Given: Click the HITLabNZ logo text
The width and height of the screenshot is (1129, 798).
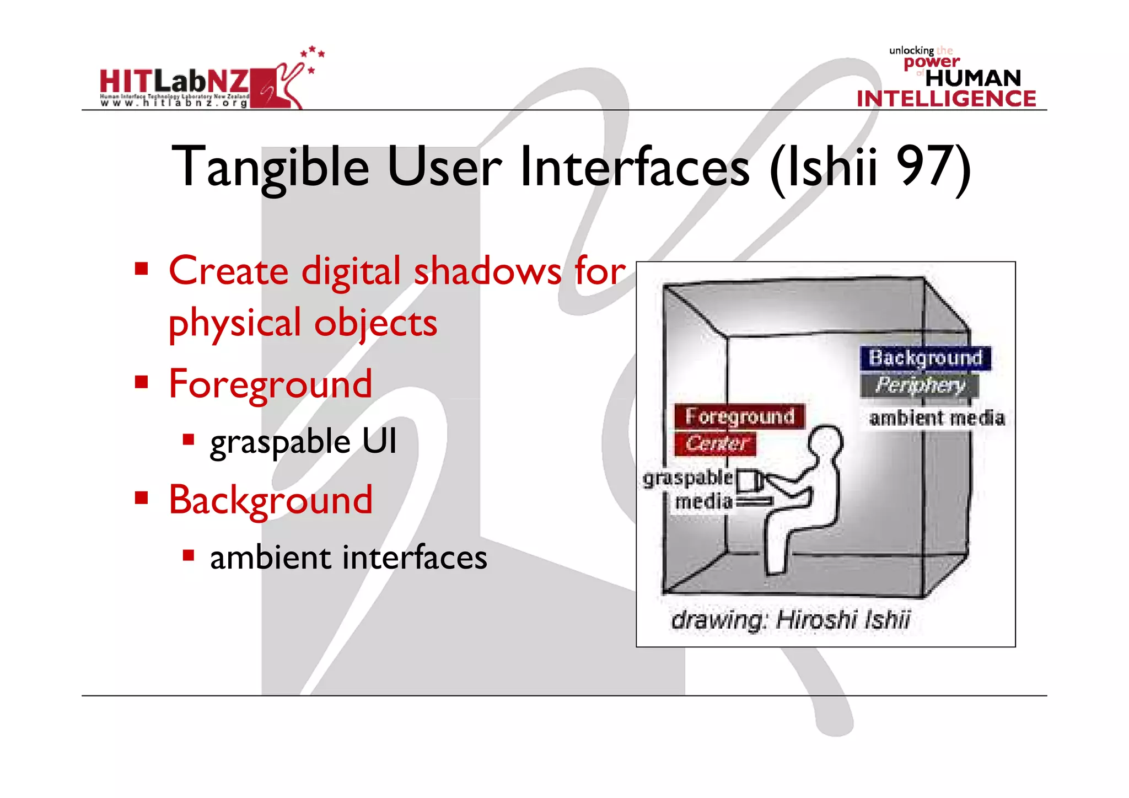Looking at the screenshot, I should (174, 82).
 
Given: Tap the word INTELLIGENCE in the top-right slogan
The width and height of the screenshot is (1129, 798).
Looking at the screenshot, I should (946, 99).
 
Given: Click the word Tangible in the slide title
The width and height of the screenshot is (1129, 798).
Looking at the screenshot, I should (270, 167).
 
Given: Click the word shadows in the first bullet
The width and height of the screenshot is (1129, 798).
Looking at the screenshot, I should (487, 271).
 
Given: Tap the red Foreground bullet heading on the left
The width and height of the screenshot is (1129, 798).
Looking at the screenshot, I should (270, 384).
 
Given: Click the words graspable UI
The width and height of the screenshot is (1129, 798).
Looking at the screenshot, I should (303, 442).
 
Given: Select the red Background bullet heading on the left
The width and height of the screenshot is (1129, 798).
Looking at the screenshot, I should (270, 500).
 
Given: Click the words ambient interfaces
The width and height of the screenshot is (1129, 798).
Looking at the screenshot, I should (348, 558).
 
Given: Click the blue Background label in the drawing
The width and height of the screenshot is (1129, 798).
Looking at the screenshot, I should (925, 358).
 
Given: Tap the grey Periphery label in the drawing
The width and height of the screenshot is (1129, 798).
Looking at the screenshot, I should (920, 385).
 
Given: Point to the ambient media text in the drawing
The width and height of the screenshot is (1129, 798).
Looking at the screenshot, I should (937, 418).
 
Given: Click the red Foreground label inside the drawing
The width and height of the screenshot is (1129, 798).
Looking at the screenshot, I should (739, 416).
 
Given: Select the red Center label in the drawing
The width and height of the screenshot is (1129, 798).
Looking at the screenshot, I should (716, 443).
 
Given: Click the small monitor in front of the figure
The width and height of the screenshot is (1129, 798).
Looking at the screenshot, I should (748, 481).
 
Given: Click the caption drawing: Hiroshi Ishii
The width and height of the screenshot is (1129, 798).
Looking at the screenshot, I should (791, 620).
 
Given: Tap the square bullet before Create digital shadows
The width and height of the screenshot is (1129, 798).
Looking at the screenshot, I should (142, 269).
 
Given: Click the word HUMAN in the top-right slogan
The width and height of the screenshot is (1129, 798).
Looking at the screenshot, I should (973, 78).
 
